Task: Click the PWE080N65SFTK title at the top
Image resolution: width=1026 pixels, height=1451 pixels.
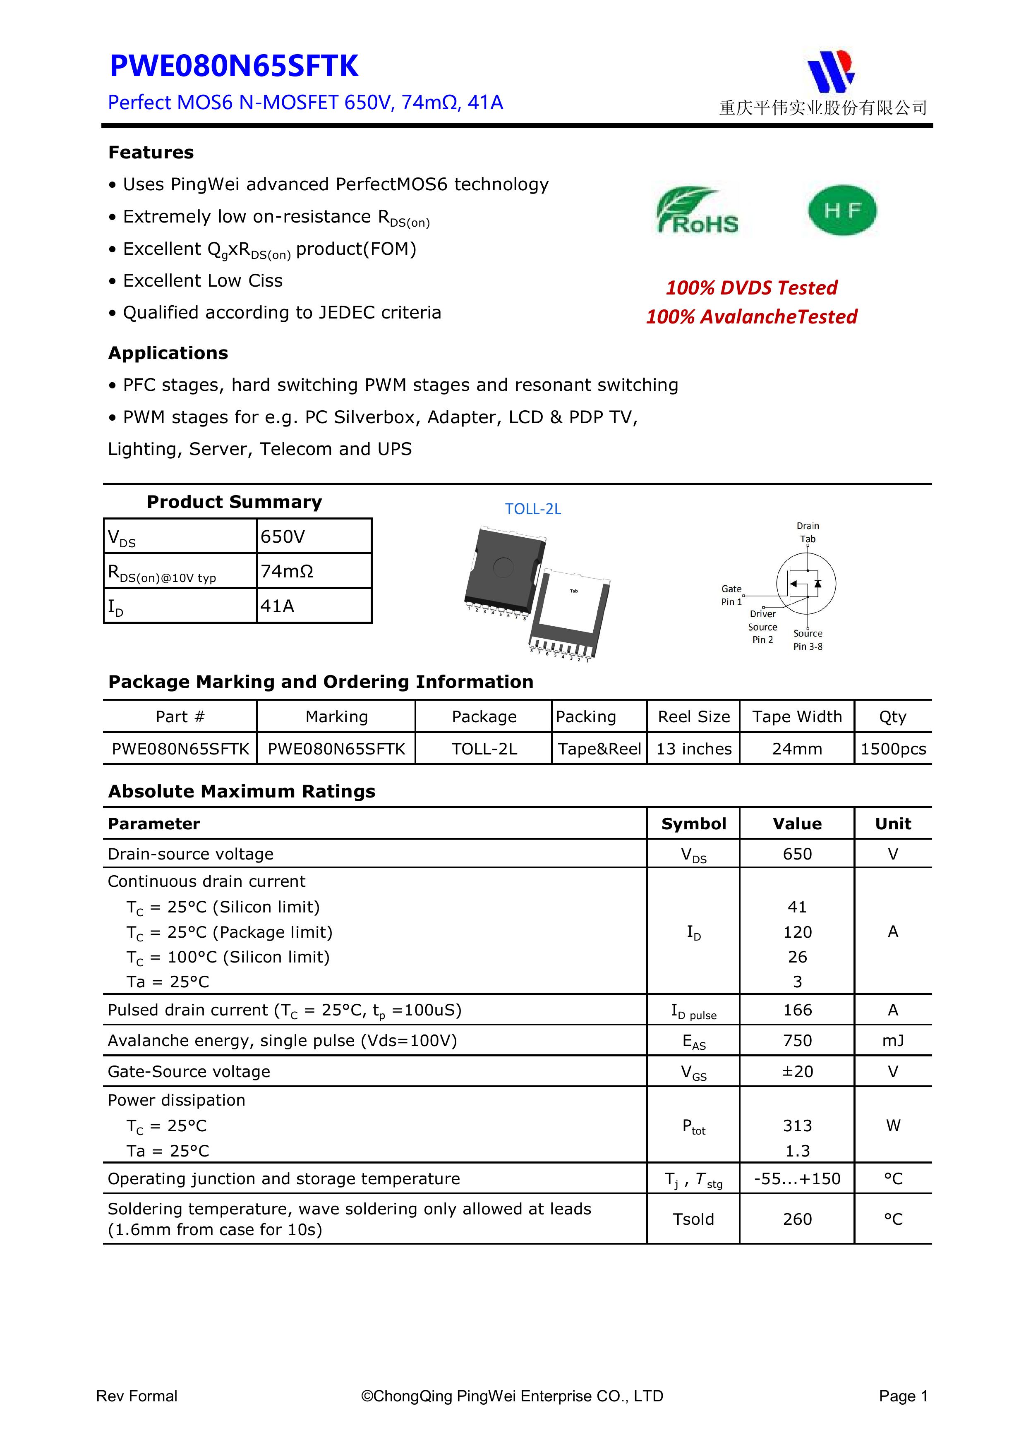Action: pyautogui.click(x=233, y=66)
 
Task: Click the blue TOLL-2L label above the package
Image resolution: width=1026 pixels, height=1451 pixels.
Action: pyautogui.click(x=532, y=509)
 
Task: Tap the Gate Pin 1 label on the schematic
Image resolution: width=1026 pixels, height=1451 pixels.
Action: pyautogui.click(x=731, y=595)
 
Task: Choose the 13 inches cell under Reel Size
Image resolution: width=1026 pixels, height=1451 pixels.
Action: pyautogui.click(x=693, y=749)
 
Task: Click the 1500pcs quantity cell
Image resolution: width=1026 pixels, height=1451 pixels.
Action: pyautogui.click(x=893, y=749)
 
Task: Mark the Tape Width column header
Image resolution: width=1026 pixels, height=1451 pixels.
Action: pyautogui.click(x=796, y=717)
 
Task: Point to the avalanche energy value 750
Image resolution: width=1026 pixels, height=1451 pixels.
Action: pyautogui.click(x=797, y=1040)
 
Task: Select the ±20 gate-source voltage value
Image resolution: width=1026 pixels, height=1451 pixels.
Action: pyautogui.click(x=797, y=1071)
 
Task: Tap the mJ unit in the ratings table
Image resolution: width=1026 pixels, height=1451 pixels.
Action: pyautogui.click(x=893, y=1040)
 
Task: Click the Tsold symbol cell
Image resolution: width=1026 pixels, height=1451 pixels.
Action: pyautogui.click(x=693, y=1219)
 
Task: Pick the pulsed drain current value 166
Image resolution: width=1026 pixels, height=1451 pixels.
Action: pyautogui.click(x=797, y=1010)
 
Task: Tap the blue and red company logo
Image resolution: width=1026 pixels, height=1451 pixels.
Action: pyautogui.click(x=831, y=70)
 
